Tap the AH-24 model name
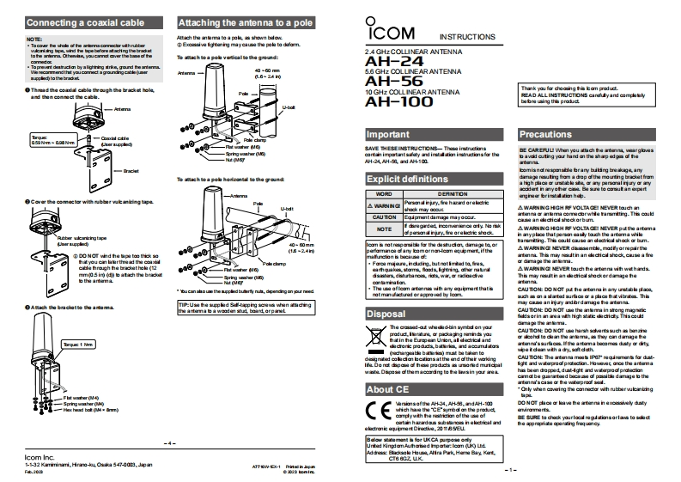coord(382,62)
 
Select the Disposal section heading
coord(386,314)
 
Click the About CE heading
coord(387,389)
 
